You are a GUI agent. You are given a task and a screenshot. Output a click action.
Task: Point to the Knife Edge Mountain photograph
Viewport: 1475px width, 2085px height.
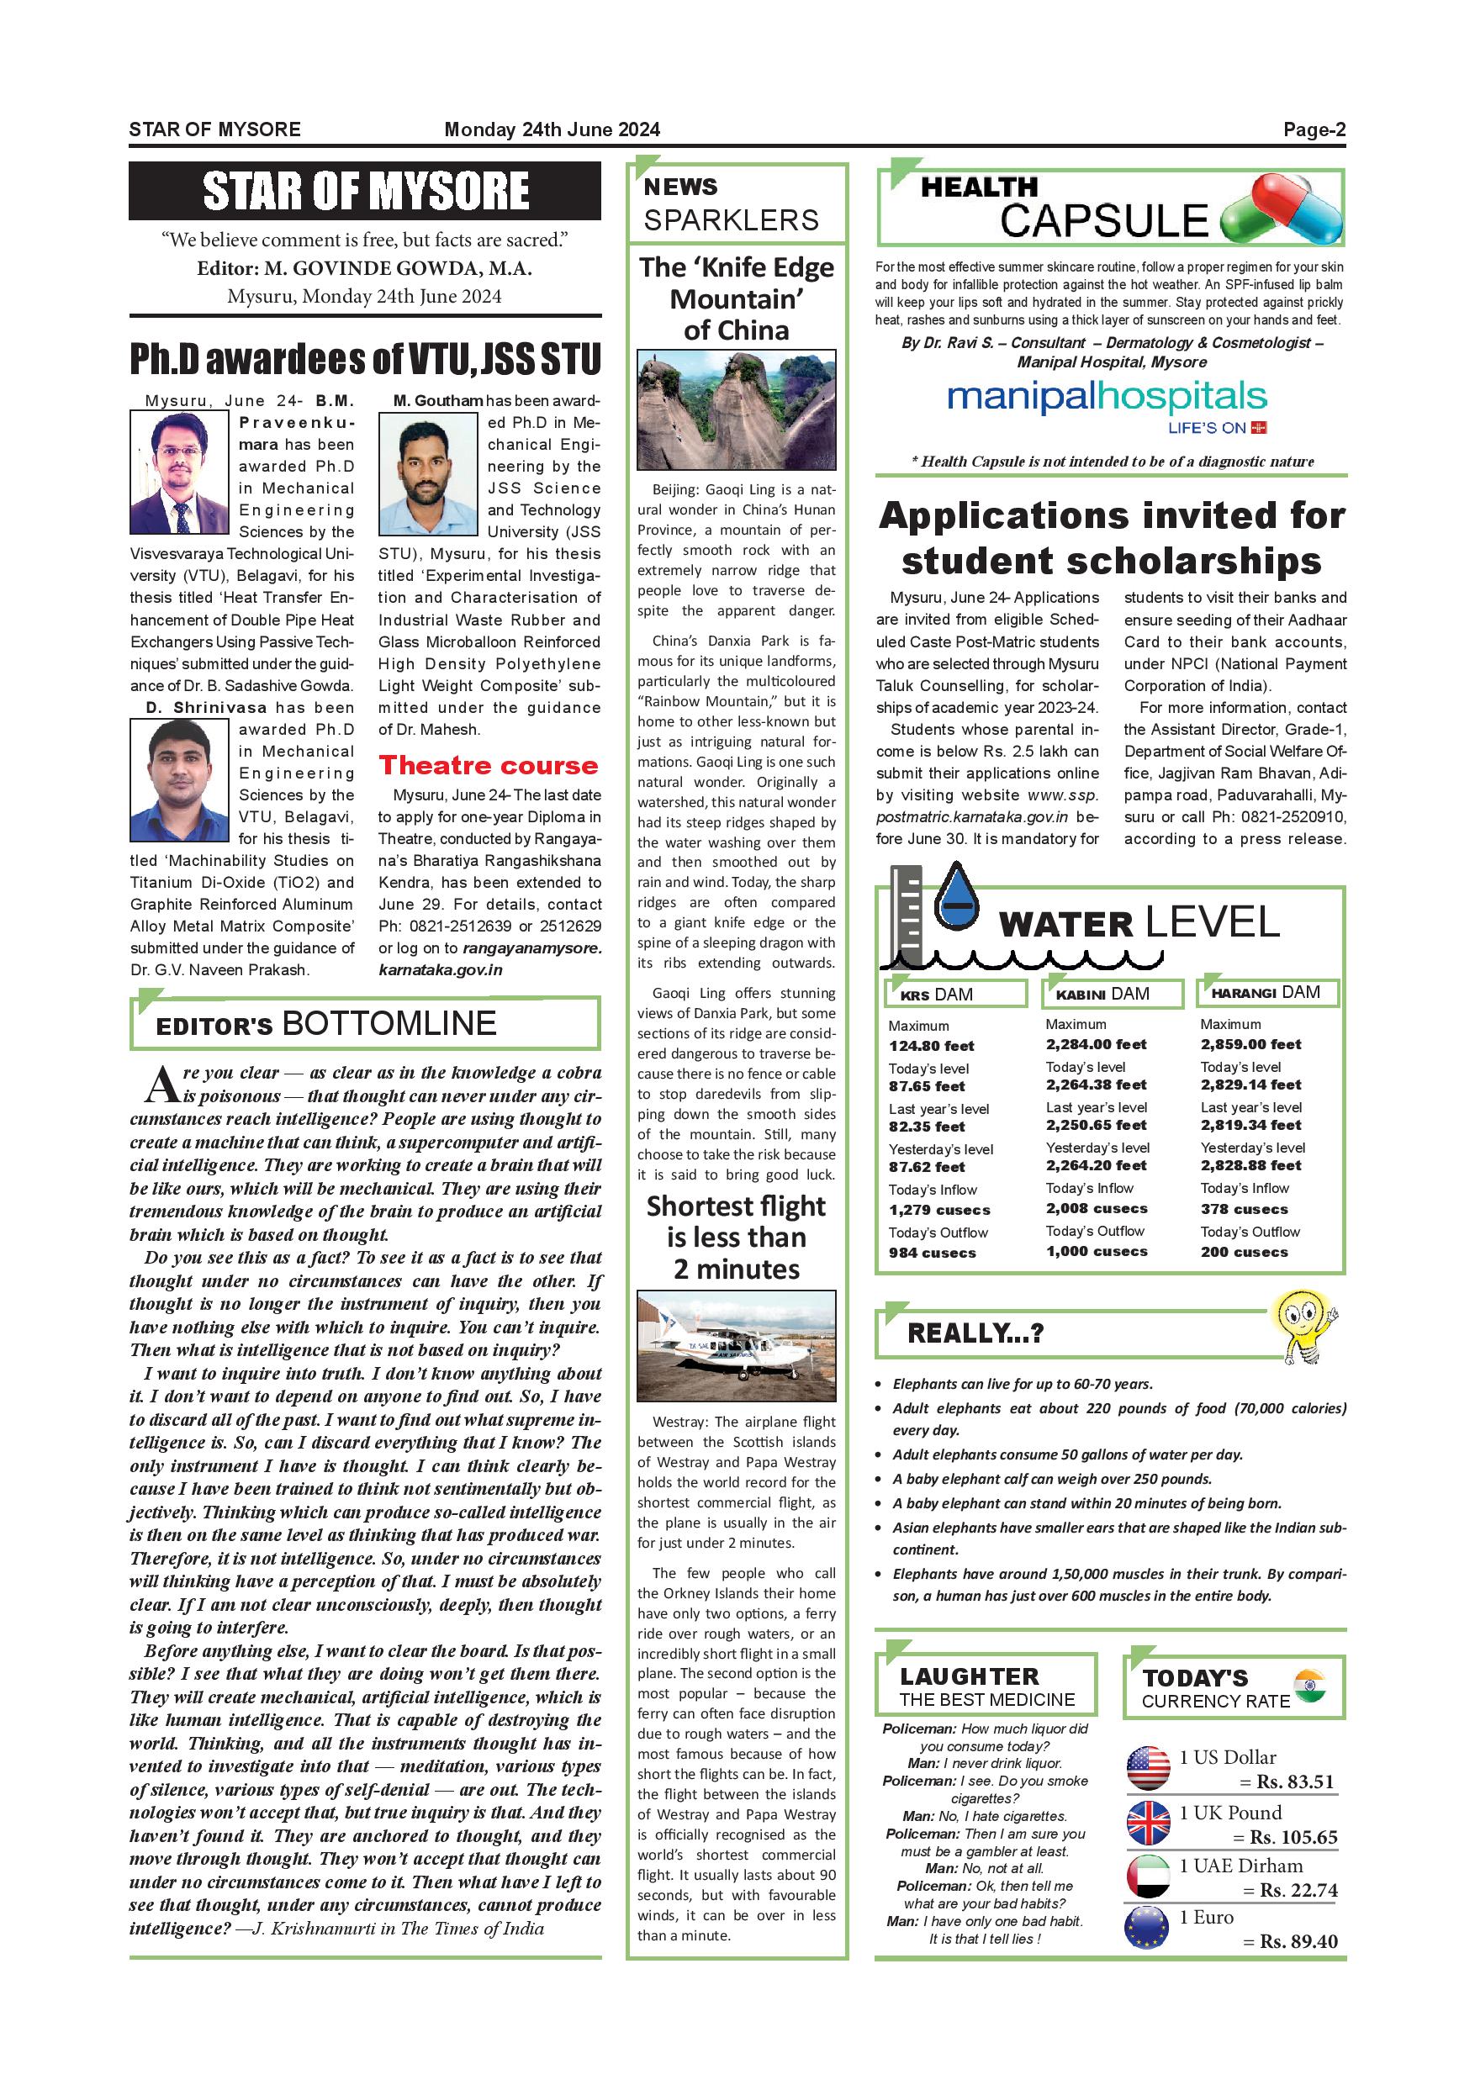tap(736, 409)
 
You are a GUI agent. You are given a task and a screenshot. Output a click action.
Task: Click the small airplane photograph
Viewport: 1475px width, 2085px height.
tap(736, 1346)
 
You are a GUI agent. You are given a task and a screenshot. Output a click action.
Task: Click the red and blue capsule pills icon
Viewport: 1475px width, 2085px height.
tap(1282, 210)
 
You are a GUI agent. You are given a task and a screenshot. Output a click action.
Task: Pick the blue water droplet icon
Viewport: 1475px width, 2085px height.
tap(956, 897)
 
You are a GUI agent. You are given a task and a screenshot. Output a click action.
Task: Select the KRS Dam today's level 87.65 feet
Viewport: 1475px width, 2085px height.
tap(927, 1086)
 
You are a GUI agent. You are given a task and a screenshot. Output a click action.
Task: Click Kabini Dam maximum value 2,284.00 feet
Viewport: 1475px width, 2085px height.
tap(1096, 1044)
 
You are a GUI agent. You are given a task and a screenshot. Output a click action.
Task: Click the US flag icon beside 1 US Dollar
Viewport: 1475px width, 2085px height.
tap(1147, 1768)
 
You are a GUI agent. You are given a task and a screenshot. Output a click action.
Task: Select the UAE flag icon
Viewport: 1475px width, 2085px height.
tap(1147, 1877)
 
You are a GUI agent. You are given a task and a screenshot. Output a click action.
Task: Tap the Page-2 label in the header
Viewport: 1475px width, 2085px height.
tap(1314, 129)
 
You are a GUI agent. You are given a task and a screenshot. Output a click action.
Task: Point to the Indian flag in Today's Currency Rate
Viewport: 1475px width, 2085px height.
tap(1308, 1686)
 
